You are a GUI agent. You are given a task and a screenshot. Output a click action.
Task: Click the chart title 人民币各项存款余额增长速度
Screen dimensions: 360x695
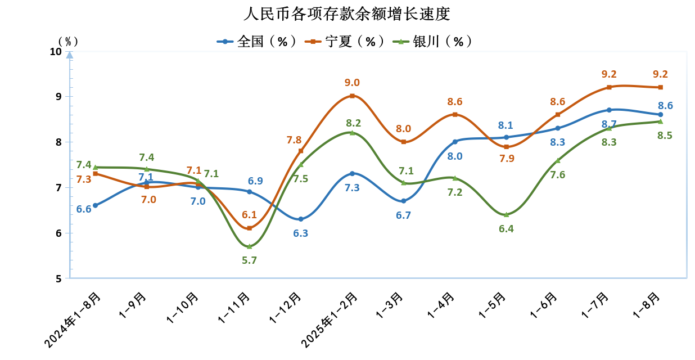click(x=347, y=13)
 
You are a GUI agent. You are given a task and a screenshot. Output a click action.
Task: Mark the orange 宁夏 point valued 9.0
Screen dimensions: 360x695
click(x=352, y=96)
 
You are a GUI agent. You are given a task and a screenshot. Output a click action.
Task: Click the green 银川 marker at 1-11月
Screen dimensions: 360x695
click(x=249, y=246)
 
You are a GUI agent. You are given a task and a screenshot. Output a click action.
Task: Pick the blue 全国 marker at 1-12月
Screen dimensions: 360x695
click(x=301, y=219)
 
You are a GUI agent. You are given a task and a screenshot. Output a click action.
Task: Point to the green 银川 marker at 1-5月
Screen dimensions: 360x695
click(x=506, y=214)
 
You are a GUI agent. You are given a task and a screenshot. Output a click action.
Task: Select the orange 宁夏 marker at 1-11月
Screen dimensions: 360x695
click(x=249, y=228)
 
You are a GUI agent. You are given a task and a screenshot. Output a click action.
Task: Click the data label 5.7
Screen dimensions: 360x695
click(x=249, y=260)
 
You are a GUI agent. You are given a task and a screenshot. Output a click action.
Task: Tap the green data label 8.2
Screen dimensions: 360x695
click(x=353, y=123)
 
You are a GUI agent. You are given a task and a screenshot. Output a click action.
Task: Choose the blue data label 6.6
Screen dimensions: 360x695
click(x=84, y=209)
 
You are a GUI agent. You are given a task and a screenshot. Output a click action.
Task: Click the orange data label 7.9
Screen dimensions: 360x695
click(x=507, y=158)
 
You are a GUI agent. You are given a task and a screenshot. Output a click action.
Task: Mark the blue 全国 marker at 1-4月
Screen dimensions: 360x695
click(x=455, y=142)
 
